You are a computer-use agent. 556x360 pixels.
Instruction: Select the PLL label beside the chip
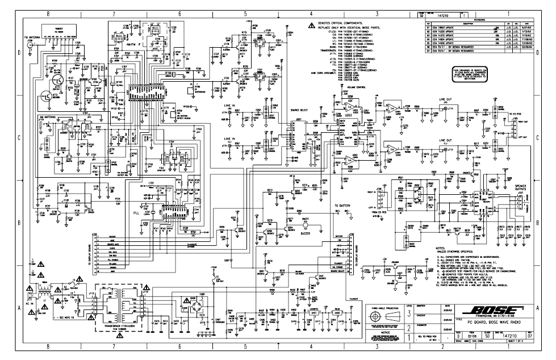coord(136,212)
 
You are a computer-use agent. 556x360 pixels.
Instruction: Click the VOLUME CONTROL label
coord(348,88)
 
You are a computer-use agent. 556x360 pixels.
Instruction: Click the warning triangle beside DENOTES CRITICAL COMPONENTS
coord(311,26)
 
